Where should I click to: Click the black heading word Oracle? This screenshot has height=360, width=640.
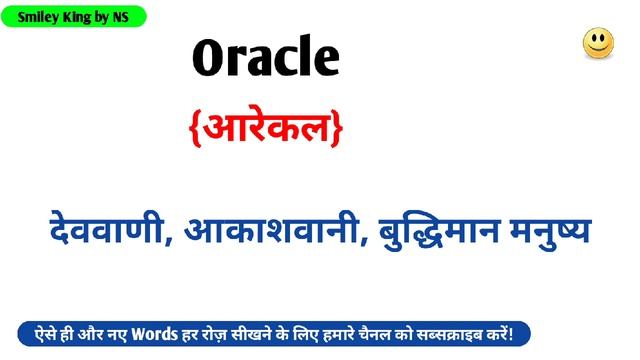[x=265, y=58]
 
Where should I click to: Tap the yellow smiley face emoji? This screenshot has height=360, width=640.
[x=598, y=43]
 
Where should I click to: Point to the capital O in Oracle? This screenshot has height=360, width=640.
[x=206, y=59]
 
